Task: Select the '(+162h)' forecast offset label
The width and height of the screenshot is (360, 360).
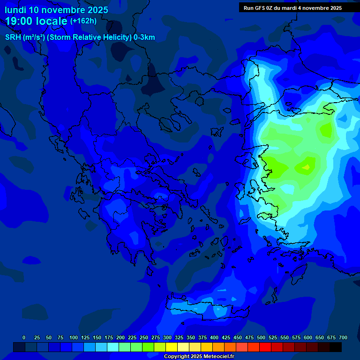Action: click(x=83, y=21)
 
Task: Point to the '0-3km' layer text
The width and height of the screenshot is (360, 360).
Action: click(x=144, y=37)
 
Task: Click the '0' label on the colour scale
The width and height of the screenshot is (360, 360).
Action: click(x=24, y=337)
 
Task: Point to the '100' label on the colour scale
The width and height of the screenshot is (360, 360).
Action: click(x=74, y=337)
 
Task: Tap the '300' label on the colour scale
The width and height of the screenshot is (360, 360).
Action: click(x=167, y=337)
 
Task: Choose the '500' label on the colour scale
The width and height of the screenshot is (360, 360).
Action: click(x=261, y=337)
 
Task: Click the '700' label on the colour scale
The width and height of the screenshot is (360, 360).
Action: click(x=343, y=337)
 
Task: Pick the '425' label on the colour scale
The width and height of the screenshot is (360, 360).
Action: click(x=226, y=337)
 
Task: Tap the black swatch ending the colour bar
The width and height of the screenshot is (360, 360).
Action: click(x=336, y=347)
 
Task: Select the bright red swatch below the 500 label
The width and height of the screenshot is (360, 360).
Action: click(x=265, y=347)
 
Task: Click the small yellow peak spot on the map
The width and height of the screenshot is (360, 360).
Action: click(x=307, y=167)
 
